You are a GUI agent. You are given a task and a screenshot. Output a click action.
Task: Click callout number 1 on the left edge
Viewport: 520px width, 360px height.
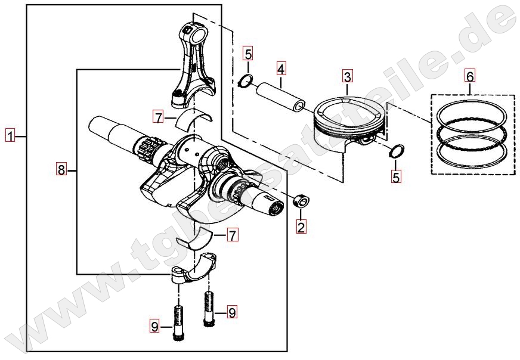[x=10, y=136]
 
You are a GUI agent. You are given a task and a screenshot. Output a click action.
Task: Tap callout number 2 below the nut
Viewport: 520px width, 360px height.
[x=301, y=227]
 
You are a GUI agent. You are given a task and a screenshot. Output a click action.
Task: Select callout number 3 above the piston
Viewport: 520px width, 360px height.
[x=347, y=76]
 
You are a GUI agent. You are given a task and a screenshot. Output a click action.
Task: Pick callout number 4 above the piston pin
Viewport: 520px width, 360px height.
[x=280, y=69]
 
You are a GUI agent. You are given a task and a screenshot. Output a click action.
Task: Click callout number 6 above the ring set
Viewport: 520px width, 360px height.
[x=471, y=76]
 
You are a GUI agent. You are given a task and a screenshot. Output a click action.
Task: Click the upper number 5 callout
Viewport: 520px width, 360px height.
[x=248, y=53]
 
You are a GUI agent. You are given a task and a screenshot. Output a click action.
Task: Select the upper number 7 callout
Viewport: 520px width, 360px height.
[x=159, y=117]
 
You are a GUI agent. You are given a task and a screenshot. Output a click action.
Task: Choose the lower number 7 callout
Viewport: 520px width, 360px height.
[x=233, y=235]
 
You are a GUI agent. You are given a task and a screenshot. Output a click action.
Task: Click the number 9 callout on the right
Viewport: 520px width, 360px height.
[x=232, y=312]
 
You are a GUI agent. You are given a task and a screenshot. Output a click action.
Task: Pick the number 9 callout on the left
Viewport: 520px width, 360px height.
[x=154, y=327]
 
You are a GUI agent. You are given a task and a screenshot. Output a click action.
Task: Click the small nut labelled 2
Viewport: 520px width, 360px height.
[x=301, y=200]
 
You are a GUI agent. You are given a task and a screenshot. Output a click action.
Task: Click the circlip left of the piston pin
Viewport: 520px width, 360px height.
[x=246, y=81]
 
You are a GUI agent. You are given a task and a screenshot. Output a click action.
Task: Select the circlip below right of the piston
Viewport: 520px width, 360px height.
[x=396, y=151]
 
